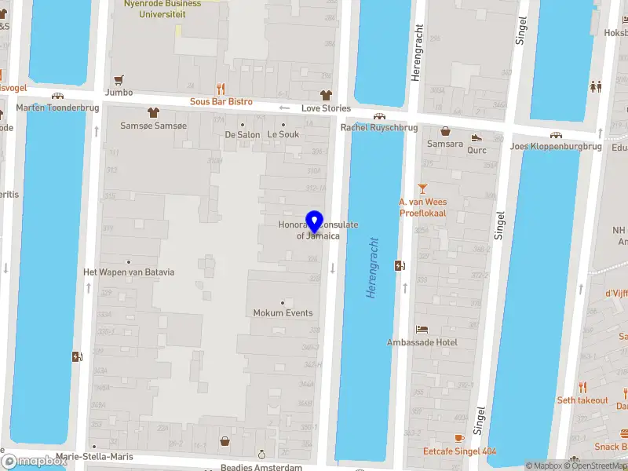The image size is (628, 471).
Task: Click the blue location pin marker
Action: pos(315,223)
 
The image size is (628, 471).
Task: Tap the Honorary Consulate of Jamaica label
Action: pos(318,230)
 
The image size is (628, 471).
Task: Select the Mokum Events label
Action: pos(283,312)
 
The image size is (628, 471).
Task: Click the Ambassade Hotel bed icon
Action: pos(422,329)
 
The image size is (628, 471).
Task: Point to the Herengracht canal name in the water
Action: pos(372,268)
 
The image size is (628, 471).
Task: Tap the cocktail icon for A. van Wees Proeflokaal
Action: pos(422,188)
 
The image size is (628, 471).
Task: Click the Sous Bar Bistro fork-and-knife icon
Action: pos(221,89)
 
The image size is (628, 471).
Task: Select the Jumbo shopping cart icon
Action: pos(119,79)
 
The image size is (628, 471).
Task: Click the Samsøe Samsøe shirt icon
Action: pos(153,112)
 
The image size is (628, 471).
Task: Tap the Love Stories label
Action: pos(326,108)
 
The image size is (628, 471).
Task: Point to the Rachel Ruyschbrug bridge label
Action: pos(379,127)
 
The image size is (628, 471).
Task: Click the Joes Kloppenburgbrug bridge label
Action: pos(556,146)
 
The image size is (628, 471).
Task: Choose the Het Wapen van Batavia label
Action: pos(129,272)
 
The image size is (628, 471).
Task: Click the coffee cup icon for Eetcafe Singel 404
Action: pos(459,437)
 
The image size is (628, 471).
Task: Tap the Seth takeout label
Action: pos(582,400)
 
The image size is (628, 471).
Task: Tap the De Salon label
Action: pos(242,134)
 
